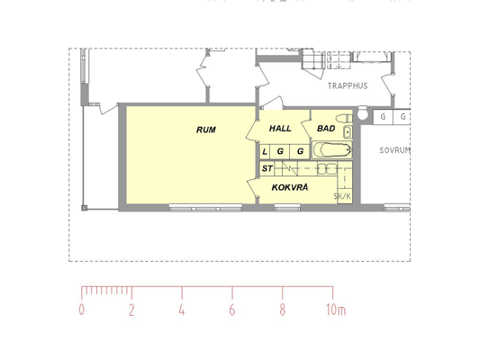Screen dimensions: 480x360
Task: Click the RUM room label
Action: click(x=206, y=130)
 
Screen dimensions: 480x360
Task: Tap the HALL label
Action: click(x=280, y=129)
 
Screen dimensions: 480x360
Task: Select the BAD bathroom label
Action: click(x=326, y=129)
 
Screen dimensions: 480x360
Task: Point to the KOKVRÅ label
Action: click(x=290, y=187)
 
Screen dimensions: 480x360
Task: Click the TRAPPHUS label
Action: click(x=348, y=85)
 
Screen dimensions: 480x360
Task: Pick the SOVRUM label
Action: click(x=394, y=150)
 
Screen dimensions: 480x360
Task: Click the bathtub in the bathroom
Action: click(x=332, y=150)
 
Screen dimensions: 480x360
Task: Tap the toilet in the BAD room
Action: click(x=344, y=118)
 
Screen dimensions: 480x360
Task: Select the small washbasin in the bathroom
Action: click(x=348, y=132)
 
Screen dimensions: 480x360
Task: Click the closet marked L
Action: click(x=265, y=151)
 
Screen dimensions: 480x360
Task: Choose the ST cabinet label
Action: click(x=267, y=168)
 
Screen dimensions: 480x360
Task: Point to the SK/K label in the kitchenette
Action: click(x=342, y=196)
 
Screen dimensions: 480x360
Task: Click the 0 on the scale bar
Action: click(x=81, y=310)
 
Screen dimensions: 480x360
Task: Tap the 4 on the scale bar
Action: click(x=182, y=310)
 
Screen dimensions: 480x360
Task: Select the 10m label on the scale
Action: click(x=336, y=310)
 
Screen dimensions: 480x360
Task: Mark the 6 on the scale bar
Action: click(x=232, y=310)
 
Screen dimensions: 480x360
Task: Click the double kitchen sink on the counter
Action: click(x=327, y=169)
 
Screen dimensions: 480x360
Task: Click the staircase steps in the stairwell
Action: click(x=312, y=59)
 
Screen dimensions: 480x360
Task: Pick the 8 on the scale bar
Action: click(x=282, y=310)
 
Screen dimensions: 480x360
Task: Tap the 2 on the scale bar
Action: click(x=131, y=310)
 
